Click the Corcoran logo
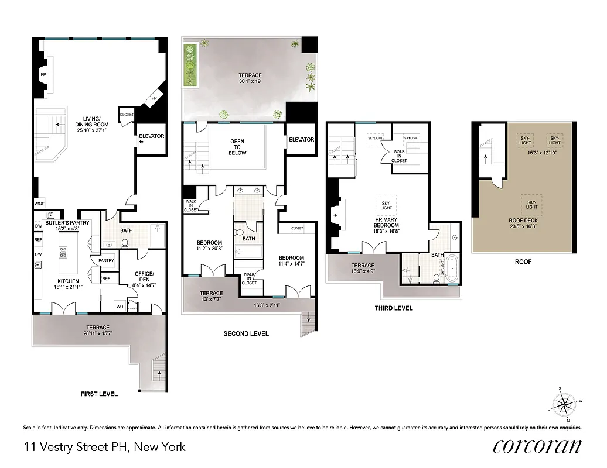537,446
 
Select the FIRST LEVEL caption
99,394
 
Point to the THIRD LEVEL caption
394,308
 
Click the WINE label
40,204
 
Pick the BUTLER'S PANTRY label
68,225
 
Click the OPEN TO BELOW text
237,147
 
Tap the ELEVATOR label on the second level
301,140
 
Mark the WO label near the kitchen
119,307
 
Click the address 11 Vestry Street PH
104,447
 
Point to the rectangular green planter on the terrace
190,64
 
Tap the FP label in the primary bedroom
336,215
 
